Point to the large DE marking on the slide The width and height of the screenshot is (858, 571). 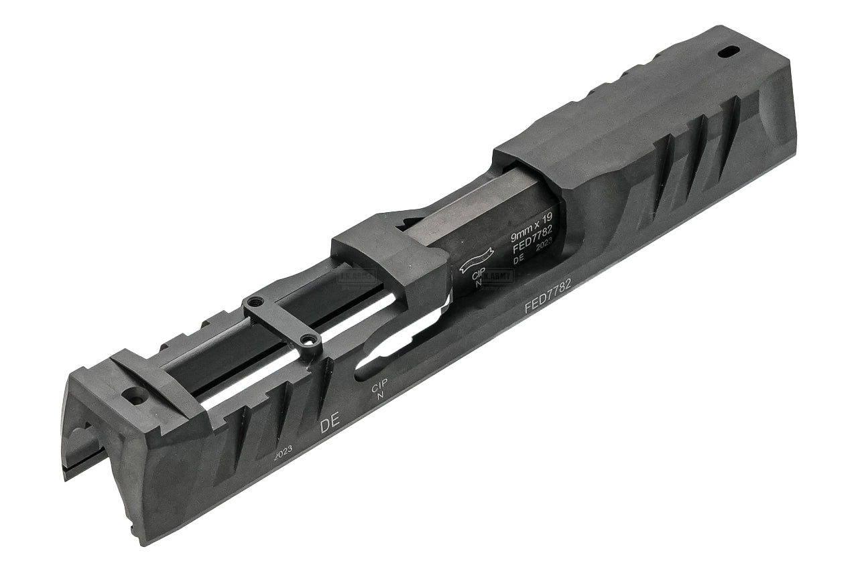(329, 424)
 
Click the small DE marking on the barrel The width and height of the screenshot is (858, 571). (517, 260)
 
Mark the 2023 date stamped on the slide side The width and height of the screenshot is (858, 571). (282, 452)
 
